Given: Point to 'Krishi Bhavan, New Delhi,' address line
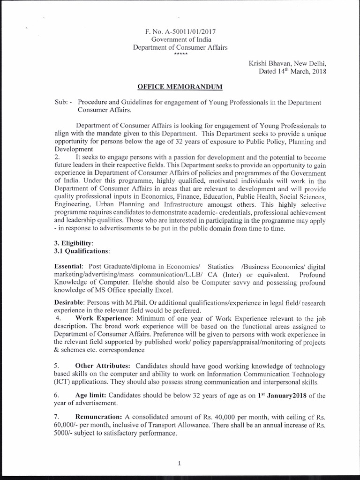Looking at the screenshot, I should [x=287, y=64].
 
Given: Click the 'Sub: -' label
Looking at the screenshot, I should [x=64, y=102].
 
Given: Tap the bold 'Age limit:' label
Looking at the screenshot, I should [x=91, y=396].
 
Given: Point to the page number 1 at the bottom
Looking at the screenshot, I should [x=180, y=464].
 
